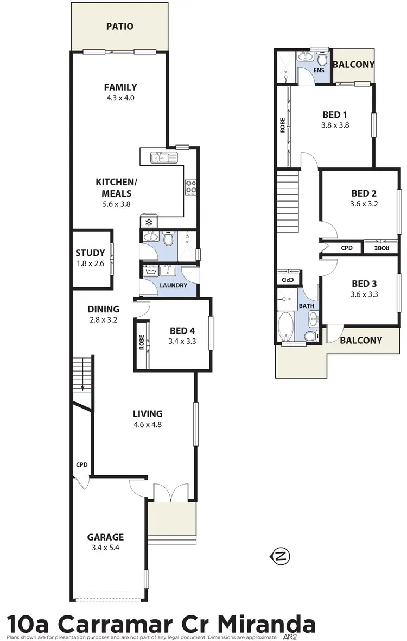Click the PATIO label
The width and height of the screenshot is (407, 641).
pos(119,26)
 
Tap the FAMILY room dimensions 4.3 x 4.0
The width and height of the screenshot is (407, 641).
pos(120,98)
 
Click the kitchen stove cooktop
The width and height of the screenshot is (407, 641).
pos(191,187)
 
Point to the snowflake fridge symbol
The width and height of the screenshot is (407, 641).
pos(148,222)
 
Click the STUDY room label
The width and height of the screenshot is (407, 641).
pos(90,253)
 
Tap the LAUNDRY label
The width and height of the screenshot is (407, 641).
pos(174,285)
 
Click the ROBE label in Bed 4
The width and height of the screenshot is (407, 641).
pos(141,343)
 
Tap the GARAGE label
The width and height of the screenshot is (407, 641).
pos(106,537)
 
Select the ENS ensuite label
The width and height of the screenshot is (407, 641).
pos(319,70)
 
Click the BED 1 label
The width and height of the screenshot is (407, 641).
pos(335,115)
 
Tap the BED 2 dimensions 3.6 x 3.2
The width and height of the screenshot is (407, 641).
pos(365,205)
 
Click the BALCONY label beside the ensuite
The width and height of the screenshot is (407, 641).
pos(353,65)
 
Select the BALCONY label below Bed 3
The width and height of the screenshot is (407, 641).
pos(361,341)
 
